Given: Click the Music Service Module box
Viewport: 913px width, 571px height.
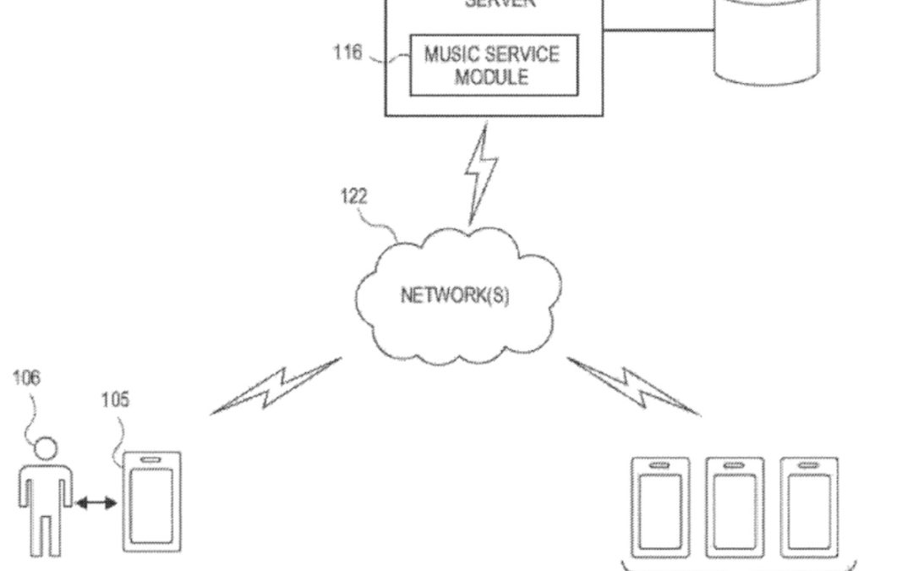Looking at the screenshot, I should click(x=494, y=65).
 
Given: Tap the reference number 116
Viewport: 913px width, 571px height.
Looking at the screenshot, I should click(x=347, y=53).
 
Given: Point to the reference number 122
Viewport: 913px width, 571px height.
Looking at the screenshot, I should click(x=353, y=196).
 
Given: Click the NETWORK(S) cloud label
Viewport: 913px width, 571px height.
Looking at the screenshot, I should click(x=455, y=296).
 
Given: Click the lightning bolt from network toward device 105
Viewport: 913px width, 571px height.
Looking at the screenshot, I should click(x=277, y=386).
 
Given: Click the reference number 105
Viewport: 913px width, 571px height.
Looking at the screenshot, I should click(x=115, y=399).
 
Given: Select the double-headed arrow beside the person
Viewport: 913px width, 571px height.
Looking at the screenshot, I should click(x=96, y=503).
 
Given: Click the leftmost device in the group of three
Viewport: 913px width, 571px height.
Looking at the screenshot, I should click(x=660, y=508).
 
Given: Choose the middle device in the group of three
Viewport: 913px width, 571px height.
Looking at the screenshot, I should click(x=735, y=508).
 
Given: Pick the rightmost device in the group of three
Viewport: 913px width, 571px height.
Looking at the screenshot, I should click(x=809, y=508).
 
